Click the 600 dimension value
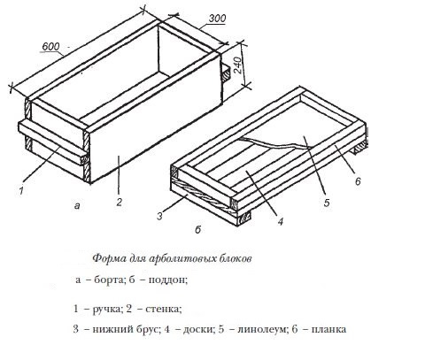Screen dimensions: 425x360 tap(50, 47)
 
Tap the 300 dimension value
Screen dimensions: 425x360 tap(217, 19)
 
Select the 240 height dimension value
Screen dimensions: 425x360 tap(237, 65)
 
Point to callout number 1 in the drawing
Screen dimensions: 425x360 tap(21, 191)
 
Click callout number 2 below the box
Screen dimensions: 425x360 tap(119, 202)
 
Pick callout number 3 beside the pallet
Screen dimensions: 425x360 tap(159, 216)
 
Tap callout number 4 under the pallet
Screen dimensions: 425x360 tap(280, 221)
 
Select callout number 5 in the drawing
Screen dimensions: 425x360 tap(327, 203)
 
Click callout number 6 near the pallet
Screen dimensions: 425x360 tap(358, 180)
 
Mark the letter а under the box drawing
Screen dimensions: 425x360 tap(77, 205)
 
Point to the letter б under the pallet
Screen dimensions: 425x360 tap(197, 229)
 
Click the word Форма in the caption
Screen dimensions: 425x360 tap(110, 258)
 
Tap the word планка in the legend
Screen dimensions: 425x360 tap(328, 329)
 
